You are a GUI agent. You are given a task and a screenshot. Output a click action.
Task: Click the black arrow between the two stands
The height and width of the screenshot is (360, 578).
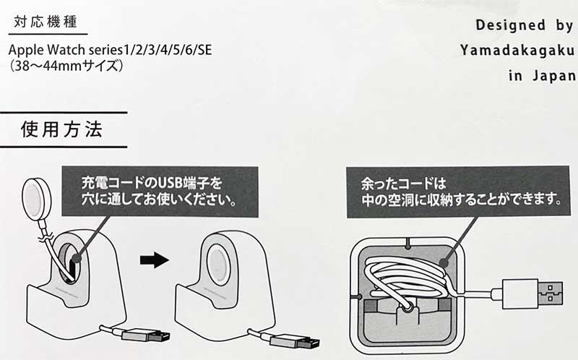pyautogui.click(x=153, y=260)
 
